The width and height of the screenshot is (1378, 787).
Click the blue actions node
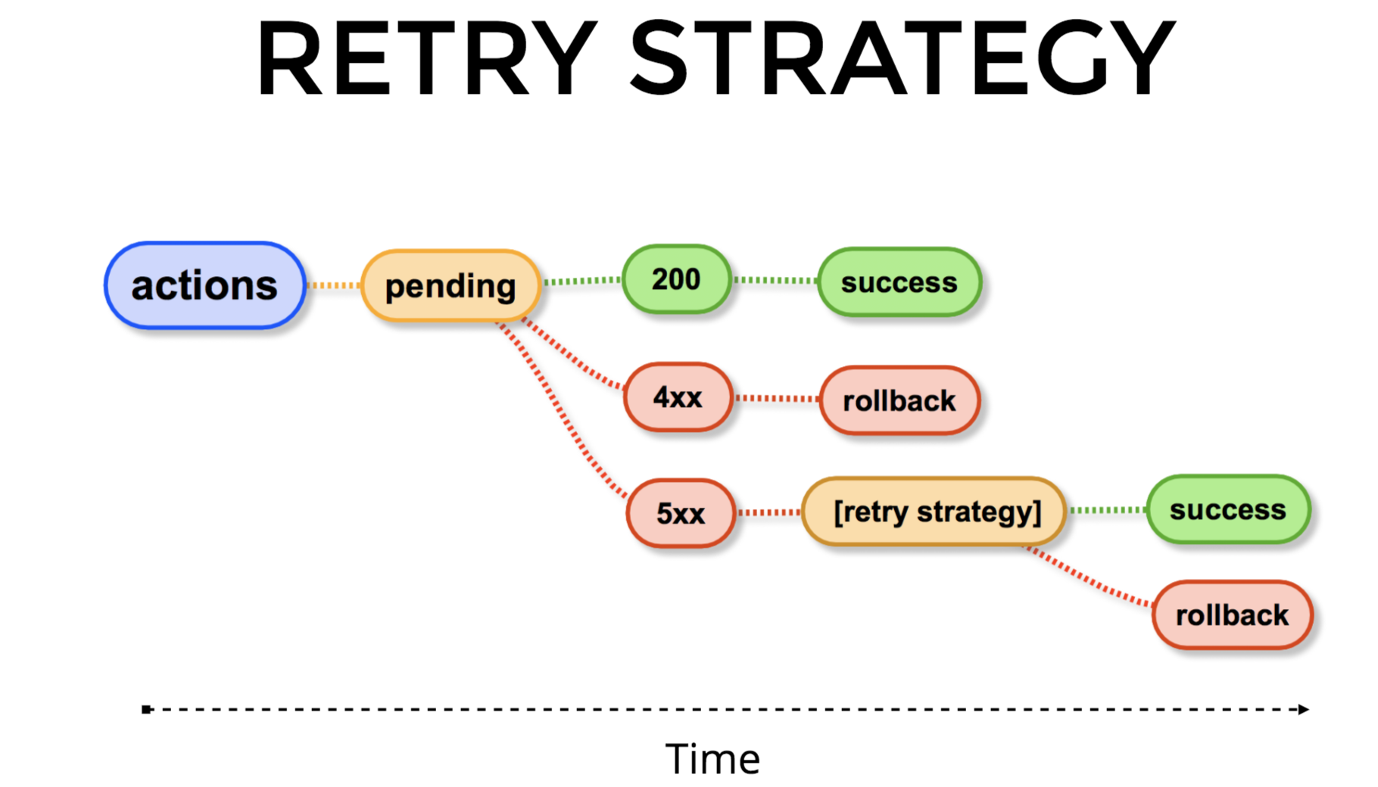pyautogui.click(x=204, y=285)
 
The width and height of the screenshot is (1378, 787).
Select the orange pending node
pyautogui.click(x=450, y=286)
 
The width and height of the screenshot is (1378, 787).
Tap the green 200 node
pyautogui.click(x=676, y=279)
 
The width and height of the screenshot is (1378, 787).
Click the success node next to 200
pyautogui.click(x=899, y=282)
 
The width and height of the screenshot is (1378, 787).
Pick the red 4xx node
pyautogui.click(x=678, y=397)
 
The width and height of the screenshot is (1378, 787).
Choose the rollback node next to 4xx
pyautogui.click(x=899, y=400)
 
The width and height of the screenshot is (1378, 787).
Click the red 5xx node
pyautogui.click(x=680, y=513)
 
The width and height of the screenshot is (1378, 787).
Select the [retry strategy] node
pyautogui.click(x=937, y=512)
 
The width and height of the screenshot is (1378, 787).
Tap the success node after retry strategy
pyautogui.click(x=1227, y=509)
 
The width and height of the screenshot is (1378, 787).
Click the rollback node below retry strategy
pyautogui.click(x=1232, y=615)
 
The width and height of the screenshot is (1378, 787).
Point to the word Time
pyautogui.click(x=712, y=759)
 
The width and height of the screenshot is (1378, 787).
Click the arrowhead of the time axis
pyautogui.click(x=1303, y=709)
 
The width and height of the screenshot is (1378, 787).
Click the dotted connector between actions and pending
pyautogui.click(x=333, y=285)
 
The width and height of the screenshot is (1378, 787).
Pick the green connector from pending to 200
pyautogui.click(x=581, y=282)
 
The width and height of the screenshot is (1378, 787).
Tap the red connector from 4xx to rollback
pyautogui.click(x=776, y=398)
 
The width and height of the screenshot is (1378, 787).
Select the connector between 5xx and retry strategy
pyautogui.click(x=768, y=512)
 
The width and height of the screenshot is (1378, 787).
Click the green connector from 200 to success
pyautogui.click(x=775, y=280)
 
